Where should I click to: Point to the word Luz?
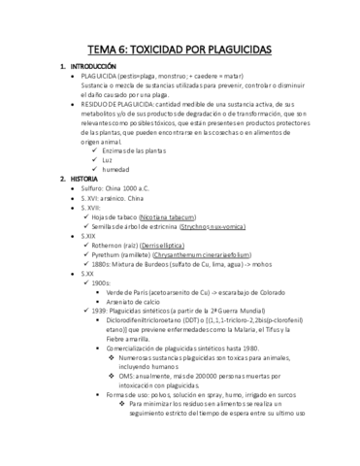122,158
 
